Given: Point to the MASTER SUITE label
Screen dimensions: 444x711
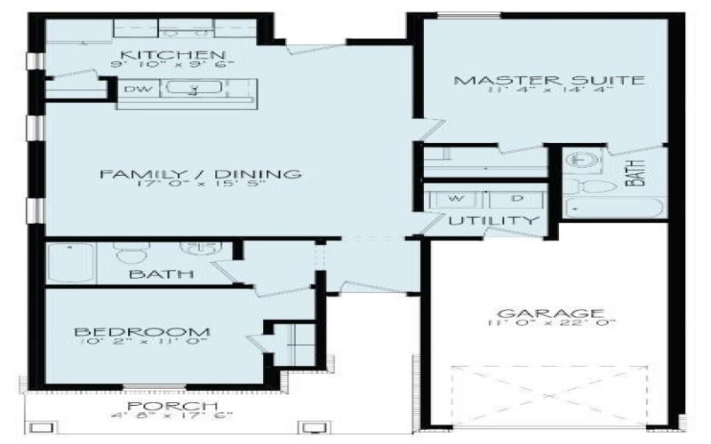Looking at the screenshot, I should (x=547, y=81).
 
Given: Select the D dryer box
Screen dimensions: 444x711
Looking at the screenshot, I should (x=515, y=198).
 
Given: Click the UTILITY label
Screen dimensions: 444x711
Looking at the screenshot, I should (x=493, y=220).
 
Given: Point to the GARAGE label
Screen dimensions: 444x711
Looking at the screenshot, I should (x=545, y=313).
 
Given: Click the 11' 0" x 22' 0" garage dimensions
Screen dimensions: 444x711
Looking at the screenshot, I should (x=545, y=326).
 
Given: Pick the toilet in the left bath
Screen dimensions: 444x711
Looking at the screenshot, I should (x=132, y=255).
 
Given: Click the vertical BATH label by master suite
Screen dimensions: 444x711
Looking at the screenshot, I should (x=634, y=172).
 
